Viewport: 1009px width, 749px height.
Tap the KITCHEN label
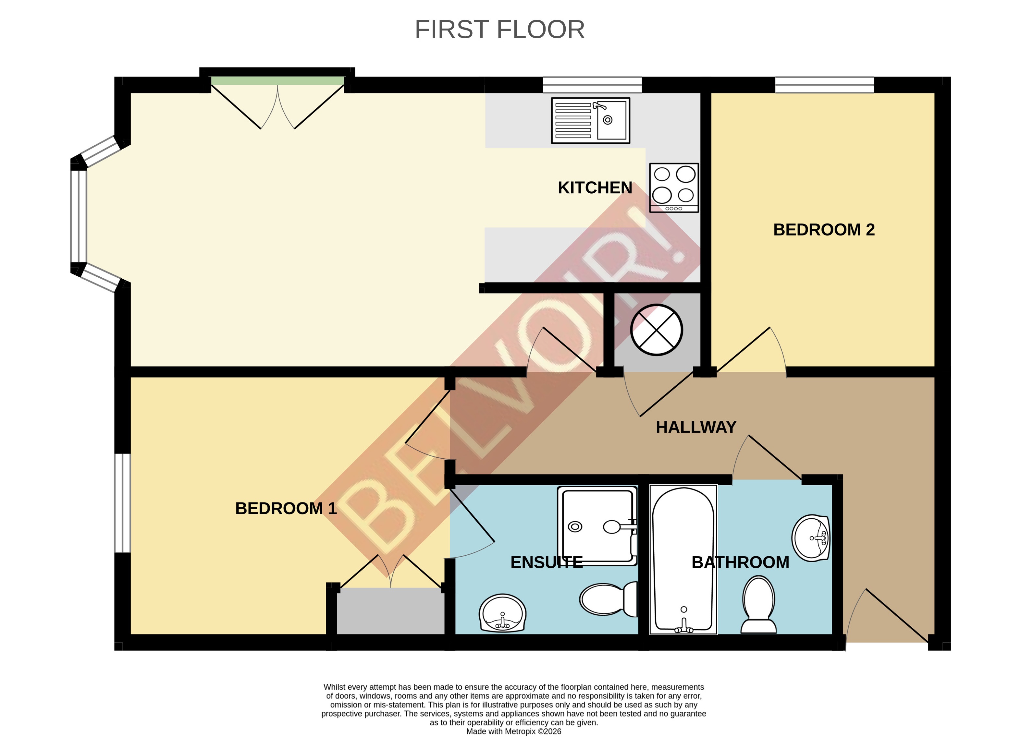(595, 188)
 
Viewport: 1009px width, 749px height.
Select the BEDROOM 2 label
(824, 230)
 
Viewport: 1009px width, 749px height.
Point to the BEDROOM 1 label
(286, 508)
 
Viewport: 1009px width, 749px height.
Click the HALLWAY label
(695, 427)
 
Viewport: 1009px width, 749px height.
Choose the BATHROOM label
(740, 562)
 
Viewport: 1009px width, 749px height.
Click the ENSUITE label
(546, 562)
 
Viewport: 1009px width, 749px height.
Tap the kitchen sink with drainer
(590, 121)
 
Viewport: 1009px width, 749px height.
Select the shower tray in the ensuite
(597, 526)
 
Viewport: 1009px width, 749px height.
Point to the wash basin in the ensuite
(502, 613)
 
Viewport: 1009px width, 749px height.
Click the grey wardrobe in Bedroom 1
(390, 611)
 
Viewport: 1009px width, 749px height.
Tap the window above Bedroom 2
(824, 85)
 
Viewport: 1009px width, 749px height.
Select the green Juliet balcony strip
(277, 81)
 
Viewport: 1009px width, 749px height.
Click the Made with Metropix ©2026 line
(513, 731)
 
